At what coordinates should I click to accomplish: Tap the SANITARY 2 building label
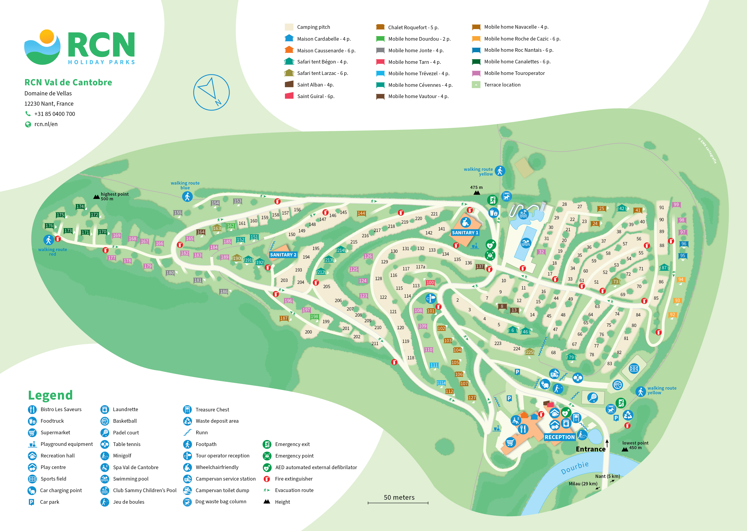tap(283, 255)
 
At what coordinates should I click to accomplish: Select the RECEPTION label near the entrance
tap(559, 437)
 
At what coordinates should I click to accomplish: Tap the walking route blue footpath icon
tap(187, 196)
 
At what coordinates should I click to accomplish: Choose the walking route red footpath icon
tap(48, 240)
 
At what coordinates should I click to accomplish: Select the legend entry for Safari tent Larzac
tap(322, 73)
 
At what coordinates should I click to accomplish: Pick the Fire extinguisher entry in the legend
tap(294, 479)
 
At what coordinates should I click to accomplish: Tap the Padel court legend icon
tap(105, 433)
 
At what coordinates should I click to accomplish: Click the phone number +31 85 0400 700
tap(55, 114)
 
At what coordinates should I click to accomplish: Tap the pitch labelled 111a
tap(441, 382)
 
